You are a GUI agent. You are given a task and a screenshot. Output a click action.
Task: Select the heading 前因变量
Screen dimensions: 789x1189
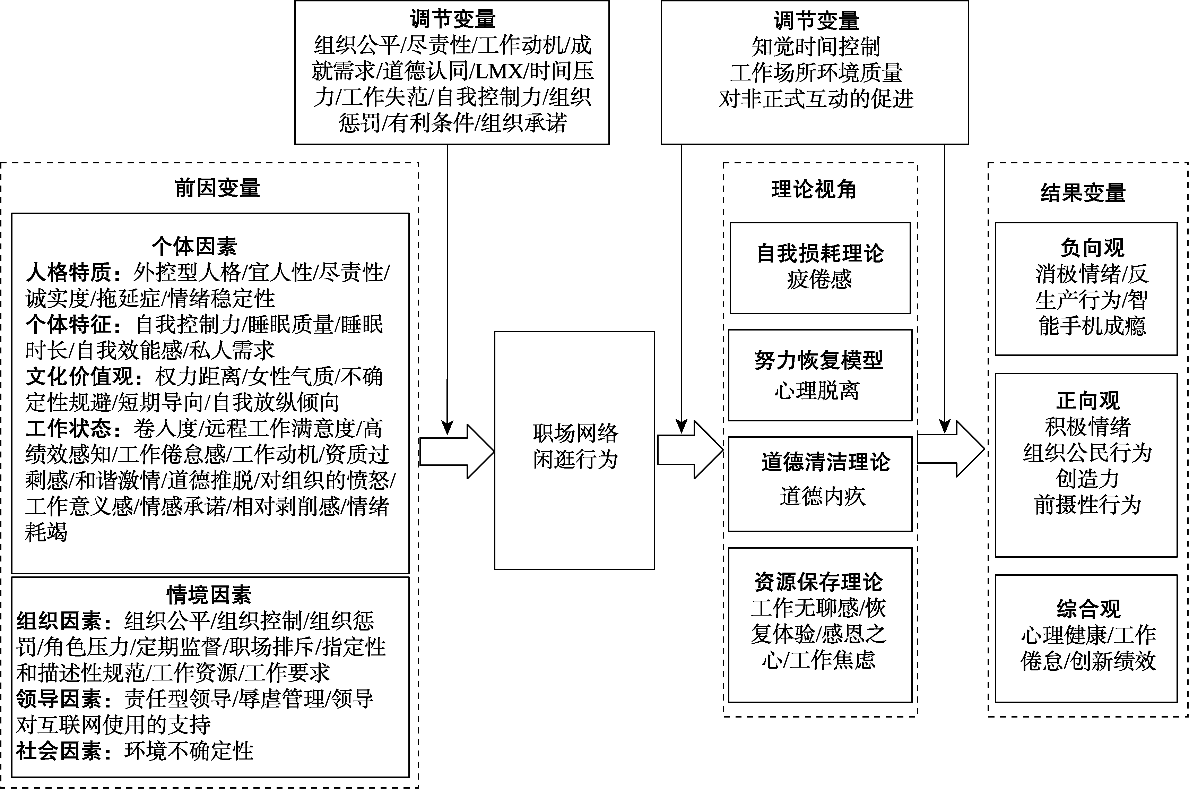217,188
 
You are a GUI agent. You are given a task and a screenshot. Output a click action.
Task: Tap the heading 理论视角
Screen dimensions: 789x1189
813,190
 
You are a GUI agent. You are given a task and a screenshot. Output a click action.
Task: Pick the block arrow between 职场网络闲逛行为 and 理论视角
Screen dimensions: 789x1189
689,449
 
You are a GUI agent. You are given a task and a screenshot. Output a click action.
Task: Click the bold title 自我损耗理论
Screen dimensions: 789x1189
820,253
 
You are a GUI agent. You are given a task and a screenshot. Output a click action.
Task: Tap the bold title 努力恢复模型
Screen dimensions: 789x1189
818,360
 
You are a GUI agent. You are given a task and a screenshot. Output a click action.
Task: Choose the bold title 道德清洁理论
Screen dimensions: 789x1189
825,462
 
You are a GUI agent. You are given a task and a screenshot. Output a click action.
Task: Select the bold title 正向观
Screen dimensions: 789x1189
1087,401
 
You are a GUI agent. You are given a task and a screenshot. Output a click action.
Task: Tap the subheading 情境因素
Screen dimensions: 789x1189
209,595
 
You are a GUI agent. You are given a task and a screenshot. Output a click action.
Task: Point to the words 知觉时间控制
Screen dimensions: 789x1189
815,47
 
